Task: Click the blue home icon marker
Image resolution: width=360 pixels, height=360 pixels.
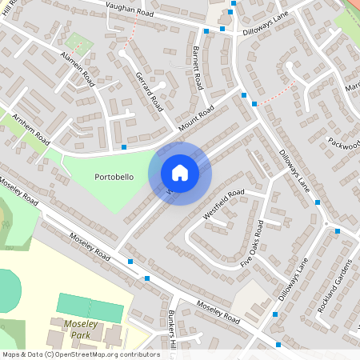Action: click(180, 174)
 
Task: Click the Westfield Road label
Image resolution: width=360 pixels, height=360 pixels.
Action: click(225, 204)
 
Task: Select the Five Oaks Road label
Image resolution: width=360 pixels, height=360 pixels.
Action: click(253, 245)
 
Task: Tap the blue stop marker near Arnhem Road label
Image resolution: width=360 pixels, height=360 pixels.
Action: click(124, 147)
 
